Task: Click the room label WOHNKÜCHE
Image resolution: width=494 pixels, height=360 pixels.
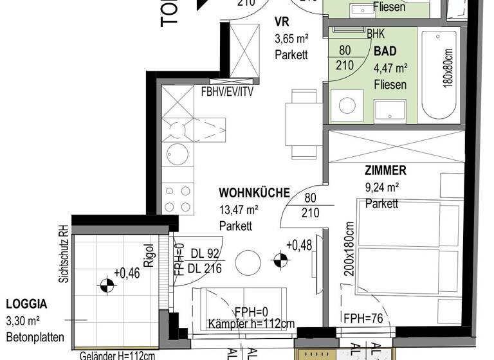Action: click(x=254, y=192)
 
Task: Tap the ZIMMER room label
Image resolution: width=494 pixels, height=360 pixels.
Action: click(x=385, y=170)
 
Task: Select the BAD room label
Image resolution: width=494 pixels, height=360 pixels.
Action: click(x=385, y=51)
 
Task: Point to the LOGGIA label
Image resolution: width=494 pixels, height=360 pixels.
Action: click(x=27, y=304)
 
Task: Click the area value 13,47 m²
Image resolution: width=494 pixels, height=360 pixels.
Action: click(x=239, y=210)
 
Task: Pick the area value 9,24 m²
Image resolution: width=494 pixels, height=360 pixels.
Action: click(x=382, y=188)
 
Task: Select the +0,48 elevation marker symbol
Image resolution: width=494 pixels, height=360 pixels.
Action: click(x=279, y=260)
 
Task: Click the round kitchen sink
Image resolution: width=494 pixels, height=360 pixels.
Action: click(x=177, y=154)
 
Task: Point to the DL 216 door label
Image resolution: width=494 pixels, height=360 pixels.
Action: click(x=205, y=269)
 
